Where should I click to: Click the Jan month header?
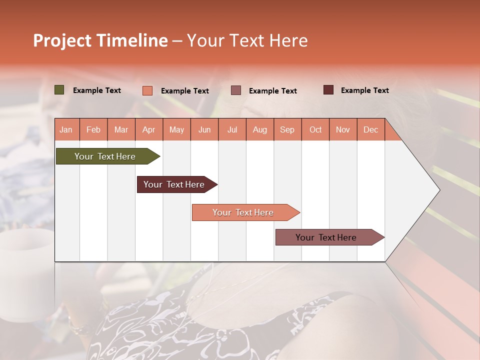[66, 129]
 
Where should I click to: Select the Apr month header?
[148, 129]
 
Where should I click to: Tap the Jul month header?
[232, 129]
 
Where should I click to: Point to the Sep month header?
[287, 129]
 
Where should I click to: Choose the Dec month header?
[370, 129]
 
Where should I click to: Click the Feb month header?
[93, 129]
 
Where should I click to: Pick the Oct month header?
[315, 129]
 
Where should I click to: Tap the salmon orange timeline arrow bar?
[244, 212]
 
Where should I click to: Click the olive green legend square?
[59, 90]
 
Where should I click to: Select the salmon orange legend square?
[147, 90]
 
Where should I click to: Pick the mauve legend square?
[236, 90]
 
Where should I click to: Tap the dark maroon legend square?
[328, 90]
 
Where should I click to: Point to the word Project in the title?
[62, 40]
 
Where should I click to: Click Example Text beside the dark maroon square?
[364, 90]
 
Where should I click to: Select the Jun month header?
[204, 129]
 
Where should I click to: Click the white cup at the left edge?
[25, 270]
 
